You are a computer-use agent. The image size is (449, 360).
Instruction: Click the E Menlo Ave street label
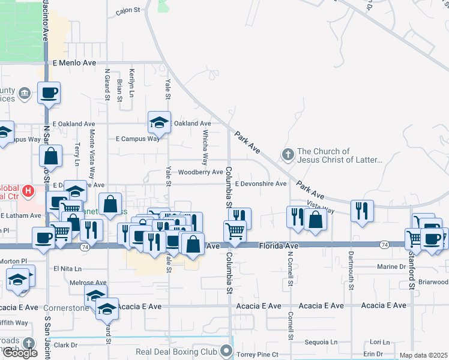(74, 62)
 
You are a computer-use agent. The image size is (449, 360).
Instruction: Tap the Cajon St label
(127, 10)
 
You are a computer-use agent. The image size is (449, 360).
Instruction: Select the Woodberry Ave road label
(200, 172)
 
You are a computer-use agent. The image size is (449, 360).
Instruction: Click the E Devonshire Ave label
(261, 184)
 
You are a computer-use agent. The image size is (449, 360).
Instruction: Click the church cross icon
(288, 155)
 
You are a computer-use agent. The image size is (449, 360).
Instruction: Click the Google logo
(19, 353)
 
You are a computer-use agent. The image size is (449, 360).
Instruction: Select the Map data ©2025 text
(424, 356)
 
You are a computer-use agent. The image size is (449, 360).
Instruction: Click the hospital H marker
(27, 191)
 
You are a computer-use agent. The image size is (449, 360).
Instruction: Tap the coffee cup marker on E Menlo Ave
(49, 92)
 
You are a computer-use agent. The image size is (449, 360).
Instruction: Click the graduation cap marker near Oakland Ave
(159, 122)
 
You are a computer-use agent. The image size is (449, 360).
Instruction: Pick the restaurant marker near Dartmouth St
(362, 211)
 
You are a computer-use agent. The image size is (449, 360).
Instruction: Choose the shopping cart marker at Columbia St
(235, 230)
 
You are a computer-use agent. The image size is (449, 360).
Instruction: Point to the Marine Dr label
(392, 267)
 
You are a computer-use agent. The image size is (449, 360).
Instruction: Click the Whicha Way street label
(205, 148)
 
